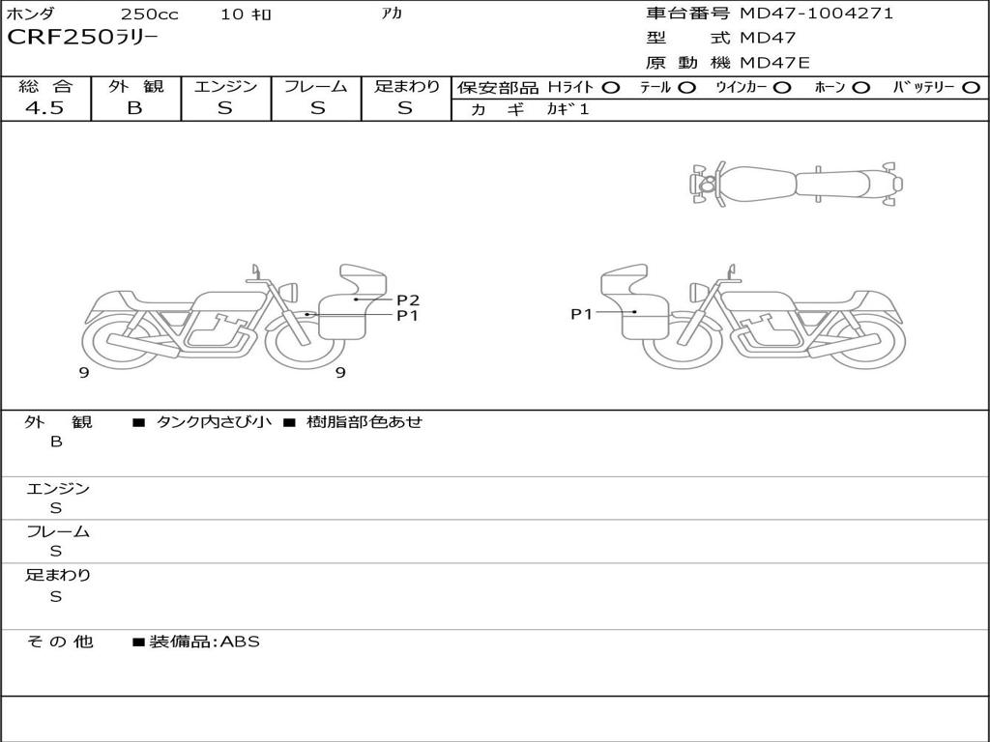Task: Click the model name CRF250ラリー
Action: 82,38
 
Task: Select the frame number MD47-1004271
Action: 816,14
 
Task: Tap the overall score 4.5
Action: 44,108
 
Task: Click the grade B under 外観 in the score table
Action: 135,108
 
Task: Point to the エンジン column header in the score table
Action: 225,86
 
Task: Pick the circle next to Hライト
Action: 611,88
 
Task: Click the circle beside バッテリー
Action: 971,88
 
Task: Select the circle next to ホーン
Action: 860,88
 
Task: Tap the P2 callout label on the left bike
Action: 408,300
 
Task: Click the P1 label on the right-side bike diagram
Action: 581,314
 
